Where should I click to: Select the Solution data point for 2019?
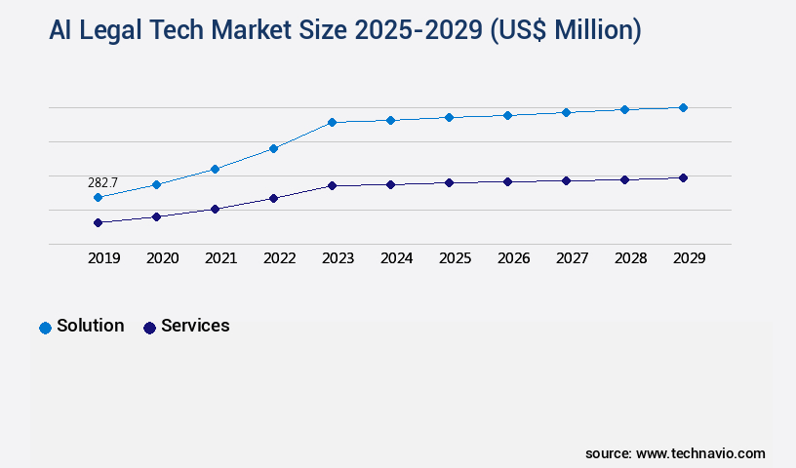coord(98,198)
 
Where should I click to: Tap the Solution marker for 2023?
coord(332,123)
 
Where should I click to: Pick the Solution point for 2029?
coord(683,107)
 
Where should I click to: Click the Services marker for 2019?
coord(98,222)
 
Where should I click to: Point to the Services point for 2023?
coord(332,185)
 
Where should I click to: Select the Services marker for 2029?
coord(683,177)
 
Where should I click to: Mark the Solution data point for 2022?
coord(273,148)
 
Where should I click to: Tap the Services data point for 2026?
coord(507,181)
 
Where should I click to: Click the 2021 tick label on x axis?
coord(220,258)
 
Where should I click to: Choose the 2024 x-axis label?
coord(396,258)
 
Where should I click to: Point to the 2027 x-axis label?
coord(572,258)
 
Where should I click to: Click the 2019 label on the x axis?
coord(103,258)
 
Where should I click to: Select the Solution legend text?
coord(91,326)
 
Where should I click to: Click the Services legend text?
coord(195,326)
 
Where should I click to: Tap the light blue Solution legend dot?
coord(45,328)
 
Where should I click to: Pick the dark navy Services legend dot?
coord(149,328)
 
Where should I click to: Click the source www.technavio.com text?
coord(675,453)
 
